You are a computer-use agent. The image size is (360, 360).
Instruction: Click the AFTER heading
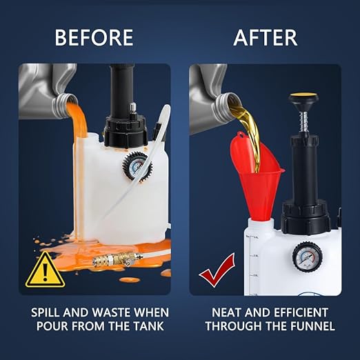(266, 37)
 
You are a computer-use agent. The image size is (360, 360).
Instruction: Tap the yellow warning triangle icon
(45, 269)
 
